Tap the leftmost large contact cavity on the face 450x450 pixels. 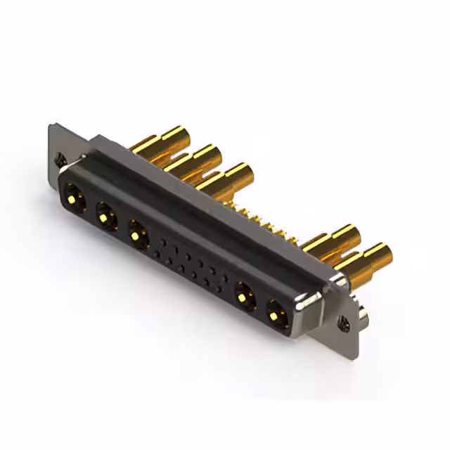click(75, 196)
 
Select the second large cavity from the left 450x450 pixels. click(106, 215)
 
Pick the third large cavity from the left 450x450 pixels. click(138, 233)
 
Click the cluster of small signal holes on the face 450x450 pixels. click(190, 260)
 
